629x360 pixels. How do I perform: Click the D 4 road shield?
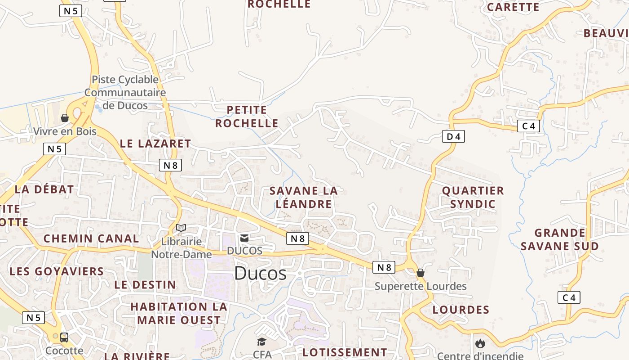[x=453, y=136]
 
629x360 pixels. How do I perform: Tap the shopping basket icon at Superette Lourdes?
[x=421, y=273]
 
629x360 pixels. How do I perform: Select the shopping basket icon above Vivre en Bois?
[x=65, y=118]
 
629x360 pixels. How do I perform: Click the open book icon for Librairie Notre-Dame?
[x=181, y=228]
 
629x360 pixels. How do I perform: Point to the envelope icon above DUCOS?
[x=244, y=238]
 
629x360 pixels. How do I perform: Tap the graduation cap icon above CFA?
[x=261, y=342]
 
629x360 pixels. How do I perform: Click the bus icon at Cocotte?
[x=64, y=337]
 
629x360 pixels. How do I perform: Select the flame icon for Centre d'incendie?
[x=480, y=344]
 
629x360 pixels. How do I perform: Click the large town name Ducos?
[x=260, y=273]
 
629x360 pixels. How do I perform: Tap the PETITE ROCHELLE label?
[x=247, y=117]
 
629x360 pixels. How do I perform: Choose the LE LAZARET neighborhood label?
[x=155, y=144]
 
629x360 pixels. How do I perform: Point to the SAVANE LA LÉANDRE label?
[x=304, y=197]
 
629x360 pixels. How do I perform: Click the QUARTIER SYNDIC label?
[x=473, y=197]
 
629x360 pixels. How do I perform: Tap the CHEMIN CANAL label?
[x=91, y=238]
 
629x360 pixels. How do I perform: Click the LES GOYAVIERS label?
[x=57, y=271]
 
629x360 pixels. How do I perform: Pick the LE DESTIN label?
[x=145, y=285]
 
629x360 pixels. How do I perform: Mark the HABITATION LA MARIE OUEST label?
[x=179, y=313]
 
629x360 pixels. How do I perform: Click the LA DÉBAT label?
[x=44, y=189]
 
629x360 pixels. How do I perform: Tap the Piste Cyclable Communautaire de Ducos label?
[x=125, y=93]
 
